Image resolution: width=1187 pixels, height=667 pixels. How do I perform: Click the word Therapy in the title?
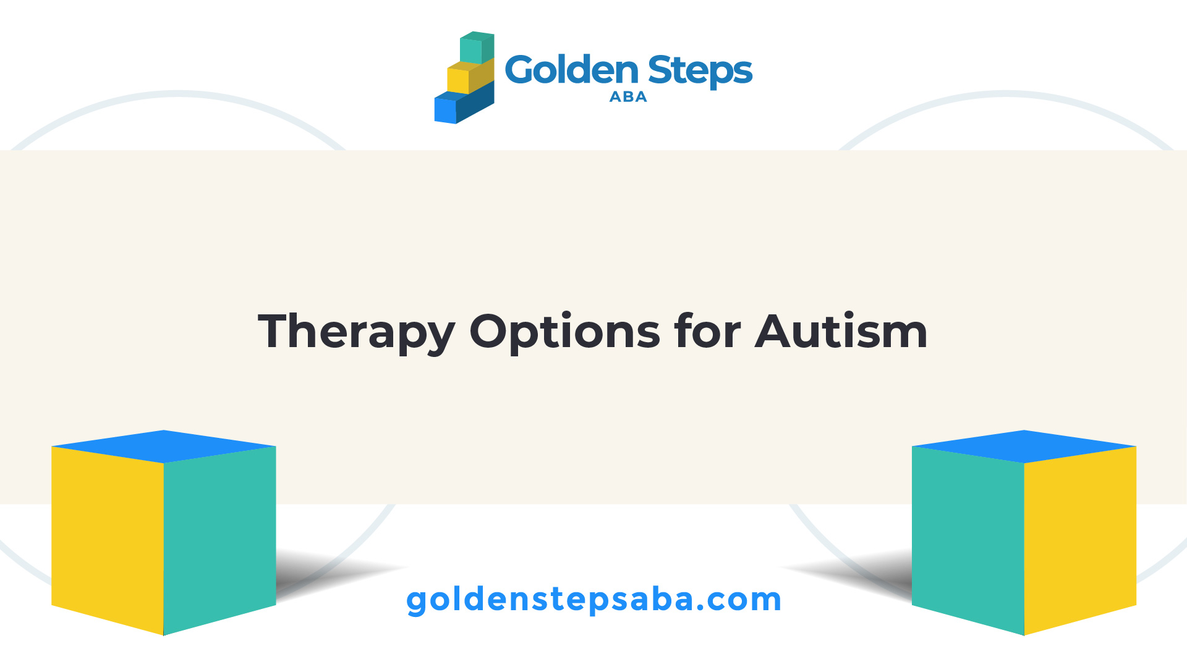(356, 332)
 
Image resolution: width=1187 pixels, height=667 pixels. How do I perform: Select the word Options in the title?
(564, 332)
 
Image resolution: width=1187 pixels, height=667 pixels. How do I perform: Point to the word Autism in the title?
(841, 330)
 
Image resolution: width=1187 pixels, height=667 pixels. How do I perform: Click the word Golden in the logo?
(571, 69)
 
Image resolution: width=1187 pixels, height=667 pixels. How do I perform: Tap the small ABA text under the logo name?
(628, 97)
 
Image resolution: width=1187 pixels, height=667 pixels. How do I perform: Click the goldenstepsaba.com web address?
(593, 600)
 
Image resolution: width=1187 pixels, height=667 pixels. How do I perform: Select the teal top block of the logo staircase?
(477, 48)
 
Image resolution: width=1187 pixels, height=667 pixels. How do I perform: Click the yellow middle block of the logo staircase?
(470, 77)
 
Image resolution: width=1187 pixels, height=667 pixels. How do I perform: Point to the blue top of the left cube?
(164, 447)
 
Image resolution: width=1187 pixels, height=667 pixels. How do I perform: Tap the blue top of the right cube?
(1024, 447)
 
